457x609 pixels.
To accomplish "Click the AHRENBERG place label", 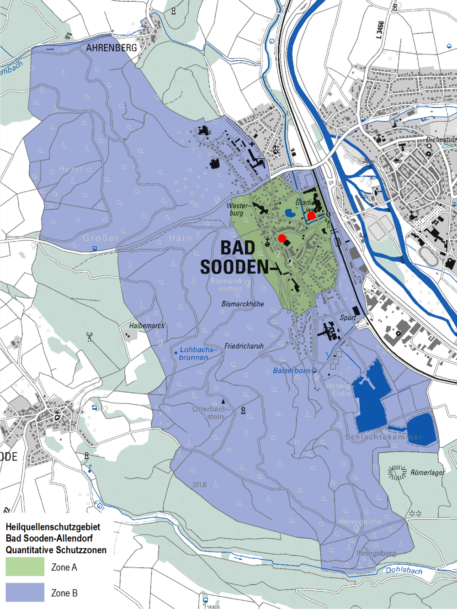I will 112,48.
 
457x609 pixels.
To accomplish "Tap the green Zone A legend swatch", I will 25,567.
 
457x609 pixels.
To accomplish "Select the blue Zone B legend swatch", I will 25,592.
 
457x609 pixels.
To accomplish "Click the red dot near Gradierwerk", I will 311,216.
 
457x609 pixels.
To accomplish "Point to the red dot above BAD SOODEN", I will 282,238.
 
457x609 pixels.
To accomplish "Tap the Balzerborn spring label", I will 291,371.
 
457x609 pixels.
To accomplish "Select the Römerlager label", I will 427,472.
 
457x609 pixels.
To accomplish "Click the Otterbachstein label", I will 211,413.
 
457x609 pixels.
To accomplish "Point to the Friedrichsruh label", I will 244,346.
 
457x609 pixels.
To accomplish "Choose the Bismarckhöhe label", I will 242,304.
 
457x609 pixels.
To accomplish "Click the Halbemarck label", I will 147,326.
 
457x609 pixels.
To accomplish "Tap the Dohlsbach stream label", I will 404,570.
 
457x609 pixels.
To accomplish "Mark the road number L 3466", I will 380,30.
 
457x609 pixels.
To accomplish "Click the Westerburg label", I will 238,209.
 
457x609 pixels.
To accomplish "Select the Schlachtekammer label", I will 383,437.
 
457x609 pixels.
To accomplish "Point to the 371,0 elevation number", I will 199,484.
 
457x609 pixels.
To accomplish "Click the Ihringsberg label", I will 376,553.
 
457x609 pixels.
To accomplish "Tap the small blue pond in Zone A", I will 290,212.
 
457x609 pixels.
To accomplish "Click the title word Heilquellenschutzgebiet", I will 53,527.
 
